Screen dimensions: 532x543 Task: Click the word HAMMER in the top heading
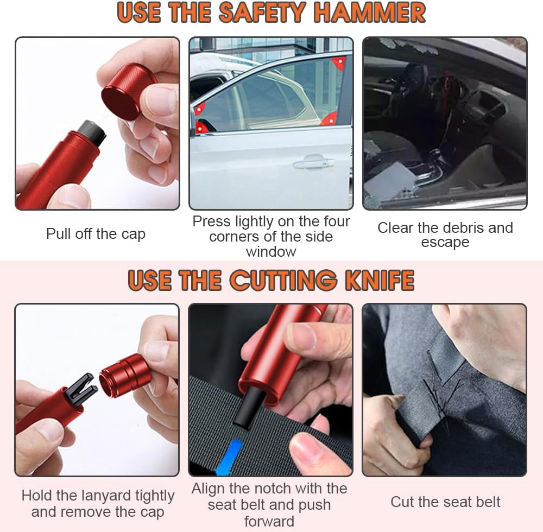[370, 14]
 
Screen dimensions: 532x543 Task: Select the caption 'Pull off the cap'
[96, 234]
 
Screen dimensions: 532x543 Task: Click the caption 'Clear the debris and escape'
[445, 235]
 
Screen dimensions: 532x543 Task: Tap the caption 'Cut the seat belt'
[445, 502]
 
